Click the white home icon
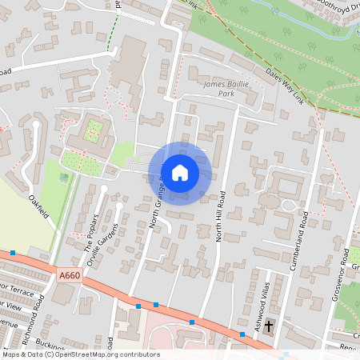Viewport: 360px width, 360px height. [180, 172]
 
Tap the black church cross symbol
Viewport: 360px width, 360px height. [269, 326]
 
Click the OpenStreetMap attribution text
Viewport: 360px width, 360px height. [80, 354]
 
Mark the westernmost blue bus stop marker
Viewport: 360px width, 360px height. [13, 253]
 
